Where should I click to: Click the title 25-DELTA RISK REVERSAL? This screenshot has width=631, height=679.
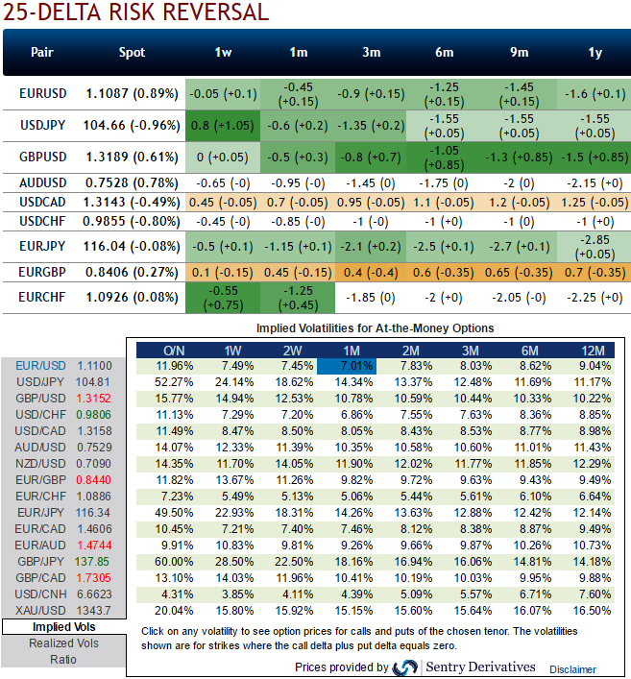(x=134, y=12)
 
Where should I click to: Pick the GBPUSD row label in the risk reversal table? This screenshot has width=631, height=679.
(x=42, y=155)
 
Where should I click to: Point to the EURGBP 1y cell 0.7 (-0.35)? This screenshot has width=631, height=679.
(x=595, y=273)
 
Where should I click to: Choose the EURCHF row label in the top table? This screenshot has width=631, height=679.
(x=42, y=298)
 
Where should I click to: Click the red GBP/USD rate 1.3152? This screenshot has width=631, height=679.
(x=101, y=396)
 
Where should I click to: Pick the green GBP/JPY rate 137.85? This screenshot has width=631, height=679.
(x=101, y=560)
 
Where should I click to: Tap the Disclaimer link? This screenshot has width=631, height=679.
(x=572, y=669)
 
